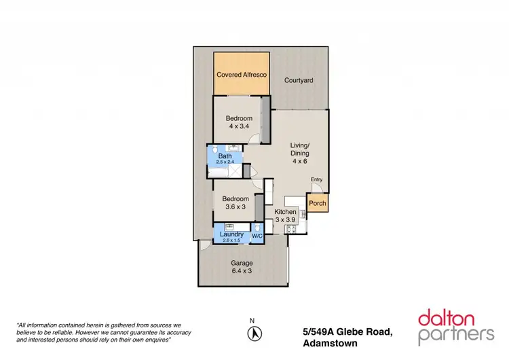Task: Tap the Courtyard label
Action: [x=299, y=80]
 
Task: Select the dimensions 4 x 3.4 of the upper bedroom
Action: [x=239, y=126]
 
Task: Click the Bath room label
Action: [x=225, y=156]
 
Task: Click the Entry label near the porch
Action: [x=316, y=179]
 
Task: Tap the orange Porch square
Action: [x=317, y=202]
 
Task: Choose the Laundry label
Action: [x=231, y=234]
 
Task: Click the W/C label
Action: [x=257, y=236]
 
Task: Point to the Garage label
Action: [x=242, y=263]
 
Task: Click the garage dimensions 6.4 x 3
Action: [x=242, y=271]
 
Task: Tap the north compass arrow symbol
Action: [x=255, y=334]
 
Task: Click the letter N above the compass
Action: [x=252, y=320]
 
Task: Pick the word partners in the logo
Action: [x=456, y=334]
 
